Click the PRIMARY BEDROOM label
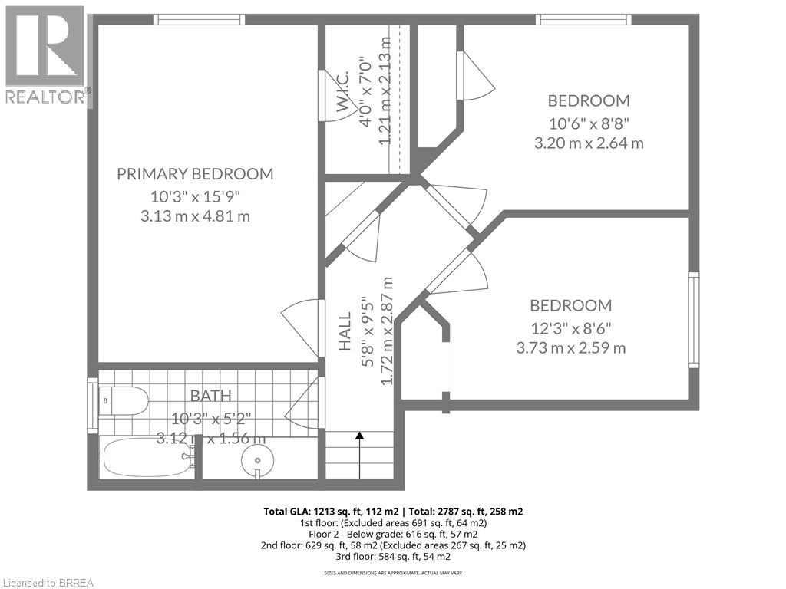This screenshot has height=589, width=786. point(195,174)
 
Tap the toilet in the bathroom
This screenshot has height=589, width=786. point(124,400)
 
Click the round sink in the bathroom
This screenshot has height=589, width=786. point(258,461)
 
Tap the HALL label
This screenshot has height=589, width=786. point(345,331)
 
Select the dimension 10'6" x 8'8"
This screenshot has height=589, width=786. point(588,122)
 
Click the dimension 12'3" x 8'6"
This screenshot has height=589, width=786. point(571,327)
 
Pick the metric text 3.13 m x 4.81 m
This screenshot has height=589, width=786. point(195,216)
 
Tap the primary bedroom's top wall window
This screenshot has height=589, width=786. point(199,19)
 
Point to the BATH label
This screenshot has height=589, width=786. point(210,396)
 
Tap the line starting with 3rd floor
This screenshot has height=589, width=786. point(393,556)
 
